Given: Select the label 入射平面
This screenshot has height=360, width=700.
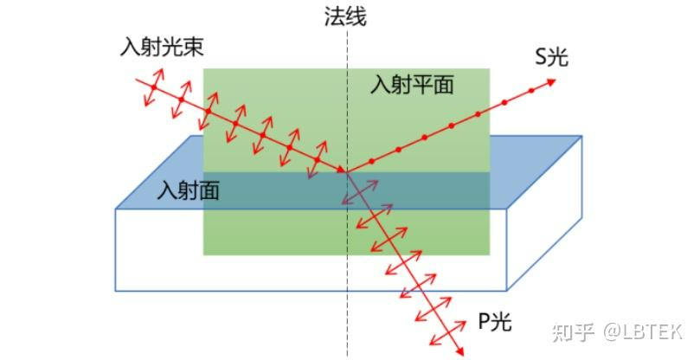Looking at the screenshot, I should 412,85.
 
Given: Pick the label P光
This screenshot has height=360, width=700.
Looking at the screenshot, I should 495,323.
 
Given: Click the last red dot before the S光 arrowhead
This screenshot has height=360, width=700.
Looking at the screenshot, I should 504,103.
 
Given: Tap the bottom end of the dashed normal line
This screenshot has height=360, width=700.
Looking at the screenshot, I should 348,355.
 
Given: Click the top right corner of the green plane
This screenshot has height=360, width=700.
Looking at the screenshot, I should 490,69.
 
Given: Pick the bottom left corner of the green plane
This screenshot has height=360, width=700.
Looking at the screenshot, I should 203,254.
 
